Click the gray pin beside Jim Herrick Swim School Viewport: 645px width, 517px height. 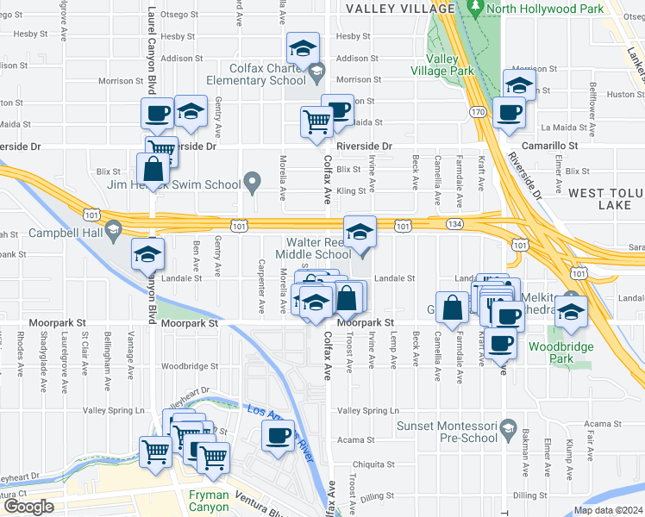click(x=252, y=181)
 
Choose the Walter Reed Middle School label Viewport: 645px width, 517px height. click(x=313, y=247)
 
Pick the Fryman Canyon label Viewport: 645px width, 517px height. click(x=210, y=501)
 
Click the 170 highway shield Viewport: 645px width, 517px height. click(x=477, y=111)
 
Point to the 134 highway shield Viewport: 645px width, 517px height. click(x=454, y=224)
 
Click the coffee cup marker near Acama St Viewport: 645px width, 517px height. click(x=278, y=436)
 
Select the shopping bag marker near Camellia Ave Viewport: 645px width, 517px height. click(x=453, y=305)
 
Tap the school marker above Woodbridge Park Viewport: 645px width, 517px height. click(x=570, y=309)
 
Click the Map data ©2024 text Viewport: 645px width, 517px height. click(x=608, y=510)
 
